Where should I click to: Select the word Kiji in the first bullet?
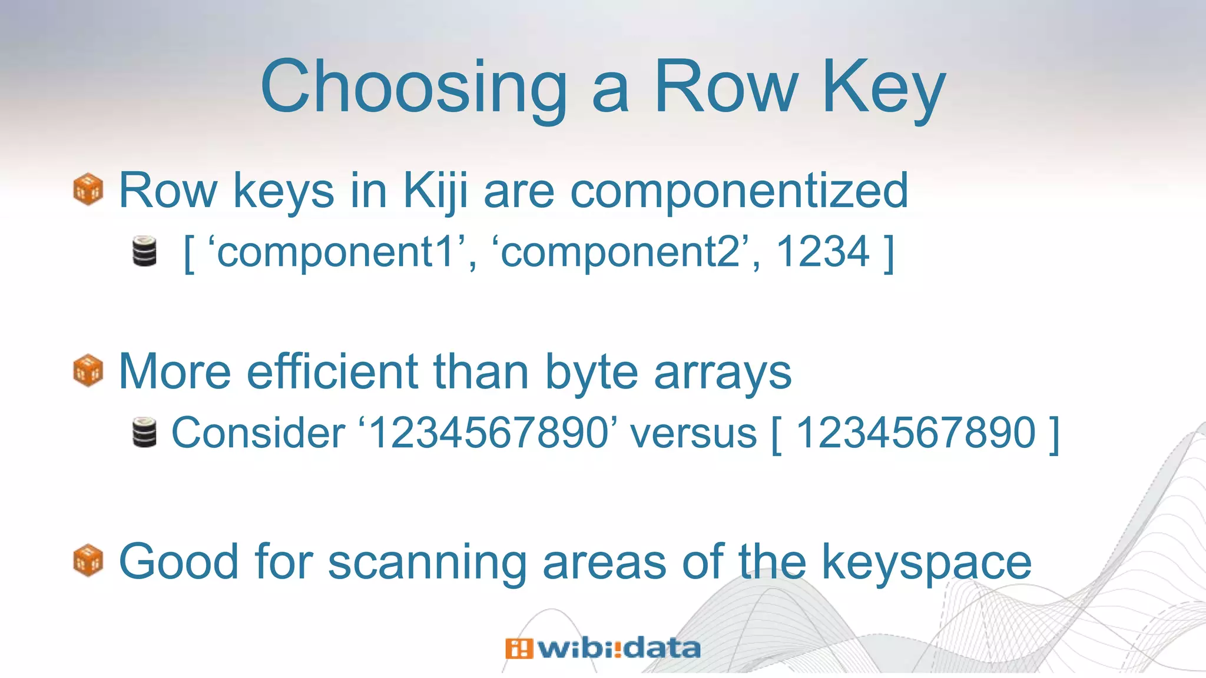tap(435, 191)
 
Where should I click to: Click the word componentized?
tap(739, 191)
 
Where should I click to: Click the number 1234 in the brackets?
tap(823, 252)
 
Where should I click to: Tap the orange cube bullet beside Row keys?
tap(88, 190)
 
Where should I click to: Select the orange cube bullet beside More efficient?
tap(88, 371)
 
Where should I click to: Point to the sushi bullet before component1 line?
tap(145, 251)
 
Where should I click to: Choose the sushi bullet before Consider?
tap(145, 433)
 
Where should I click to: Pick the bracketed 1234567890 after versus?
tap(915, 433)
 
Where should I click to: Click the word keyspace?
tap(926, 562)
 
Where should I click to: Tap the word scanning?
tap(427, 562)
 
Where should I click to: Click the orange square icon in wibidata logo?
tap(519, 648)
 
